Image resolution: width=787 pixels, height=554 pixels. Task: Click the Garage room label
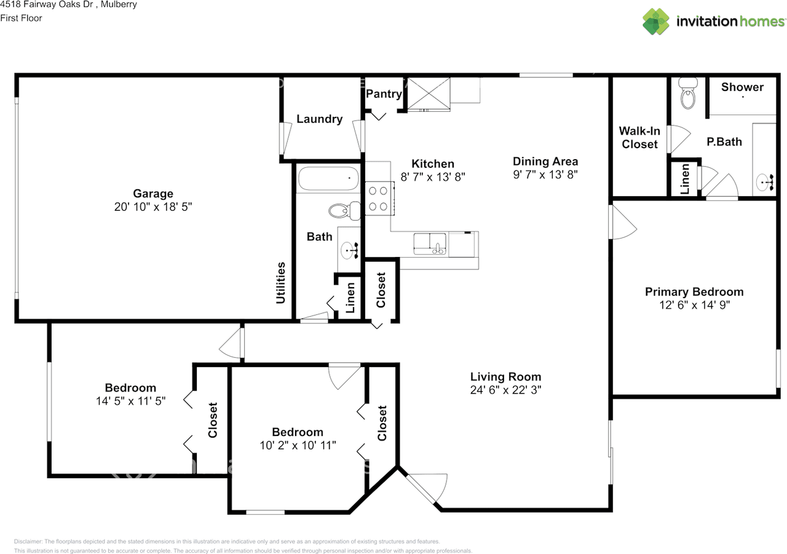(153, 194)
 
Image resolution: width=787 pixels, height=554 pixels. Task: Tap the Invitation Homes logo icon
(656, 22)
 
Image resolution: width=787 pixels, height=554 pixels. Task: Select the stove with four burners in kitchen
(379, 198)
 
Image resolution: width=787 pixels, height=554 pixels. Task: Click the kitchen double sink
(430, 244)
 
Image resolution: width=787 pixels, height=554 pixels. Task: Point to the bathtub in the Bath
(328, 178)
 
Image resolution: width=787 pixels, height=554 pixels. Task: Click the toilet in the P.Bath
(688, 93)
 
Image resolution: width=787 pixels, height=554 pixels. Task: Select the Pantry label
(384, 94)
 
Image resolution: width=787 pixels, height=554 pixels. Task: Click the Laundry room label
(319, 119)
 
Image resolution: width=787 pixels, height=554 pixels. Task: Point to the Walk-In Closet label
(639, 137)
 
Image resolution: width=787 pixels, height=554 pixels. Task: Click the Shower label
(742, 87)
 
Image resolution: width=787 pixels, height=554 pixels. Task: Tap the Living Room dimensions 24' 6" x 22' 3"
(505, 390)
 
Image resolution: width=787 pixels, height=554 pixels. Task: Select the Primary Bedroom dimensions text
(694, 305)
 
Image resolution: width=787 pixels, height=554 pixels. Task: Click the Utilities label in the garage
(280, 283)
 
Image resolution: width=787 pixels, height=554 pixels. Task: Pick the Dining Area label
(545, 161)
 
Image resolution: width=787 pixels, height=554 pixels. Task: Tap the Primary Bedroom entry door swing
(623, 223)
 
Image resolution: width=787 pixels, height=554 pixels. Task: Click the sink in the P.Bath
(764, 182)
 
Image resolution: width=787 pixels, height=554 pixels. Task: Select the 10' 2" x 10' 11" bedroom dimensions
(298, 445)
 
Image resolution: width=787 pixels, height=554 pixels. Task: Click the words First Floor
(21, 18)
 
